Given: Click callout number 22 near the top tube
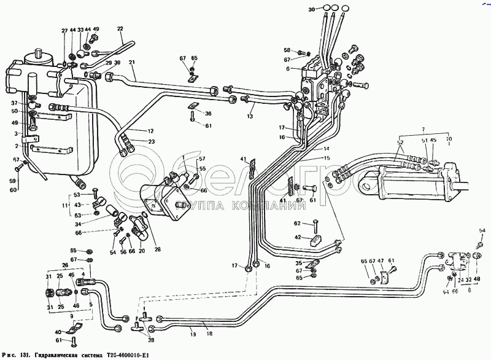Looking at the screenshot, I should point(120,29).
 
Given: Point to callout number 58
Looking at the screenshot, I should point(287,50).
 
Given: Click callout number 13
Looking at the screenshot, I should point(250,115).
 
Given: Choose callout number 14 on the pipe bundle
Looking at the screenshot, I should point(326,149).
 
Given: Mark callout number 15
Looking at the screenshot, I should point(326,158).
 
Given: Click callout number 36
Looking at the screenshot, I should point(208,113).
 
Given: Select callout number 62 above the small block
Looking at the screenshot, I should point(296,224).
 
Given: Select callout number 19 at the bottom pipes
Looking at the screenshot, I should point(192,334).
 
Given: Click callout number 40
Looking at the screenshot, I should point(58,332).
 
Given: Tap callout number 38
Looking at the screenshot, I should point(151,339).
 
